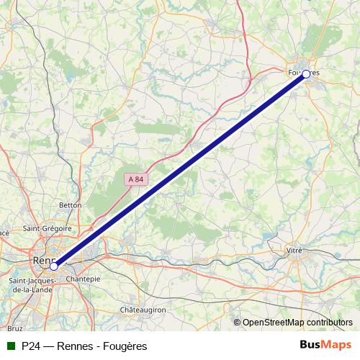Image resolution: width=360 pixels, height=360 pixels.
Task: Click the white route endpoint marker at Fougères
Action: [x=306, y=73]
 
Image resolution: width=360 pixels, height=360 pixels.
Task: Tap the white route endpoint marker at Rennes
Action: [x=54, y=266]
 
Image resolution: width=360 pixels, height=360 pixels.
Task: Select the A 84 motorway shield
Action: [x=135, y=179]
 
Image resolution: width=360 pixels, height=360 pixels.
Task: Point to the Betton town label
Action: [x=70, y=205]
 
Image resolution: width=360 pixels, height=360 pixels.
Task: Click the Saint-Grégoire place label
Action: [x=47, y=228]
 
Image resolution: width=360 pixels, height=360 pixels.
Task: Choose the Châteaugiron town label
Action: [x=143, y=309]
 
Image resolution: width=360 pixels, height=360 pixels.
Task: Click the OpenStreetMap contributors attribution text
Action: [x=298, y=323]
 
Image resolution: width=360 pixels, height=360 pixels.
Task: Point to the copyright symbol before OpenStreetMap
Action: [x=237, y=323]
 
